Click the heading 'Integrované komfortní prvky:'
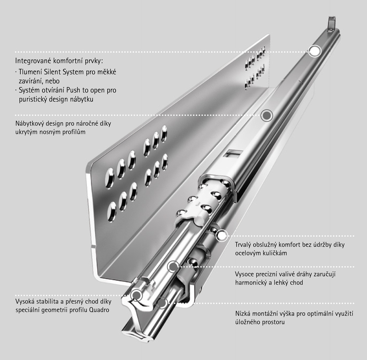[x=59, y=61]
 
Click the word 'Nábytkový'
[x=30, y=123]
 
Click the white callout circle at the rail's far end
[x=314, y=51]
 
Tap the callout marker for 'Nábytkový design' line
[x=267, y=115]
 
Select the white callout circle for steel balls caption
[x=222, y=236]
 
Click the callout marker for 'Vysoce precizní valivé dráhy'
[x=173, y=266]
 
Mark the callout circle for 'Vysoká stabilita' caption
[x=136, y=295]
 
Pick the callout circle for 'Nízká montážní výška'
[x=162, y=303]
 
